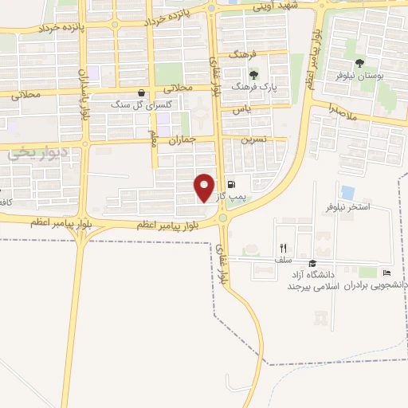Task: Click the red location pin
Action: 205,186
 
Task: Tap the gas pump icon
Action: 230,182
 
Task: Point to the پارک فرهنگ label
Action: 249,84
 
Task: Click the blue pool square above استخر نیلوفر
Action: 347,192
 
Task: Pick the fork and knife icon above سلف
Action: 282,248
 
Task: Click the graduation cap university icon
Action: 312,263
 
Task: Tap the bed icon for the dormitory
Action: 387,273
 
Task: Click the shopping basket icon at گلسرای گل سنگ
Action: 141,92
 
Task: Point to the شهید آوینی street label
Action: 274,6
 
